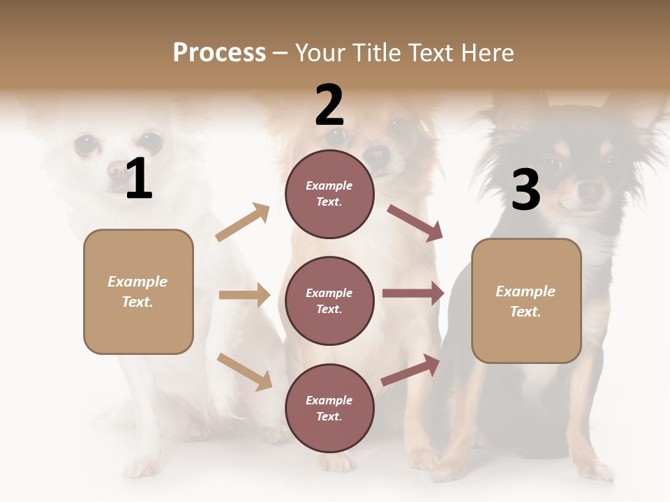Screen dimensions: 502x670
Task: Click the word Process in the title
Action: (219, 53)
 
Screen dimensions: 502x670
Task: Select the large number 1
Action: (139, 179)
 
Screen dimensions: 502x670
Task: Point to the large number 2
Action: (329, 105)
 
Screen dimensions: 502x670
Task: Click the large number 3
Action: (526, 190)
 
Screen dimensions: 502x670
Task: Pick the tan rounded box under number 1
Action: (138, 291)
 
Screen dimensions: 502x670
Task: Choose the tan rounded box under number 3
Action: (526, 301)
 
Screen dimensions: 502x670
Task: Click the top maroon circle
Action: (329, 194)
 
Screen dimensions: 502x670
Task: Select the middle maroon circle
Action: (329, 301)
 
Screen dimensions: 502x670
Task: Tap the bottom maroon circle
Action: (329, 408)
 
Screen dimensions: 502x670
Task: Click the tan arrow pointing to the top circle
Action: (243, 222)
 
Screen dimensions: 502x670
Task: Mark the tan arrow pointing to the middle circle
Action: (244, 295)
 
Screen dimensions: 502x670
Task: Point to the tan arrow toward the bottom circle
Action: (244, 371)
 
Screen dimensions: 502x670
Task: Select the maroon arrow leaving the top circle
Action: (415, 223)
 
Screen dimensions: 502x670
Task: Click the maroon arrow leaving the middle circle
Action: (413, 294)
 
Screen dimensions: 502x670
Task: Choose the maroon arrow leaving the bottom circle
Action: (411, 370)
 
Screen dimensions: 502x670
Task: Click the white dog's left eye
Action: (87, 144)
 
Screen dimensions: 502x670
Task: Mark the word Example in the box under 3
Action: (526, 291)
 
